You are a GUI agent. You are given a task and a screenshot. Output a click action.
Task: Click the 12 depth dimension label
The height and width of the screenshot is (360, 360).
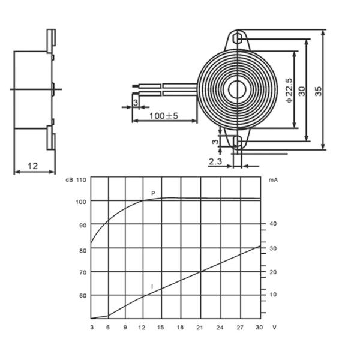tap(32, 166)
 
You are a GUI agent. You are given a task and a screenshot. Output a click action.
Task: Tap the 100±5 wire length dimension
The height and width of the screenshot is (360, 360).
tap(164, 116)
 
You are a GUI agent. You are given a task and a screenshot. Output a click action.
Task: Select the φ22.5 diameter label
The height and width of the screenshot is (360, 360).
tap(289, 91)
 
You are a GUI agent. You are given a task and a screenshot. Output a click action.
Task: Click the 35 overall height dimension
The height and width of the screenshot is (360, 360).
tap(318, 91)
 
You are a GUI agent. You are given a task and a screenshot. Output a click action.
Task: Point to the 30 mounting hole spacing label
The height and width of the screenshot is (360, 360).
tap(302, 91)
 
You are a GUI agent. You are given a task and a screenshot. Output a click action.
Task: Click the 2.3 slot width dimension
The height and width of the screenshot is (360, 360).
tap(215, 161)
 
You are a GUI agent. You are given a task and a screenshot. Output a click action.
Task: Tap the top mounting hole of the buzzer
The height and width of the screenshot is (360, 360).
tap(238, 39)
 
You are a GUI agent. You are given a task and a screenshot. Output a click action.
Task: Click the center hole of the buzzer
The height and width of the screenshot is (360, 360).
tap(237, 89)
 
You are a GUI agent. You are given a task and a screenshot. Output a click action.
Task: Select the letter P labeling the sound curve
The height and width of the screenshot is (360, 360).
tap(153, 193)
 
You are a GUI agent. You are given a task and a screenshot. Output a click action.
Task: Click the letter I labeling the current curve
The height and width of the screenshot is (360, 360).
tap(152, 286)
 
